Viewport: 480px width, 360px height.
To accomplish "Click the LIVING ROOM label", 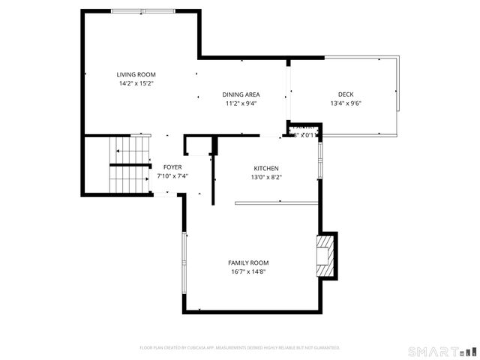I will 136,74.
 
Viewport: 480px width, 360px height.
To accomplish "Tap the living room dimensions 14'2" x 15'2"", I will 136,83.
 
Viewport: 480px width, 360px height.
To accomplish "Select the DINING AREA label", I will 241,94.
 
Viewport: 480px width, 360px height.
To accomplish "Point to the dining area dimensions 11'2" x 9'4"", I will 241,103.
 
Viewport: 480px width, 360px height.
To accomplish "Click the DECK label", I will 346,94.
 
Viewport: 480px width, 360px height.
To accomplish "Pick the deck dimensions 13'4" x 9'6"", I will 346,103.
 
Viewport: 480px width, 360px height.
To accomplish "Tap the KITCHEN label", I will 266,168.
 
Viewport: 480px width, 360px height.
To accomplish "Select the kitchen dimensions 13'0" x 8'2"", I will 266,177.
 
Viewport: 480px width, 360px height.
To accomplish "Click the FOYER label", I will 172,166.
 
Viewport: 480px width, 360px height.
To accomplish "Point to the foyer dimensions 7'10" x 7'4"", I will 172,175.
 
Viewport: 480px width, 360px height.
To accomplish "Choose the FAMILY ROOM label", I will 248,262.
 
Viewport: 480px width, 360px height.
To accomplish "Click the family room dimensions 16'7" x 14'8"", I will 248,271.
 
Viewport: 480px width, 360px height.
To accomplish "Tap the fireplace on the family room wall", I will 326,255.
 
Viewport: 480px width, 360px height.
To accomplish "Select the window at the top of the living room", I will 145,10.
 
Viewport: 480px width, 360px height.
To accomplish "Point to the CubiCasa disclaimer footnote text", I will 240,348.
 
